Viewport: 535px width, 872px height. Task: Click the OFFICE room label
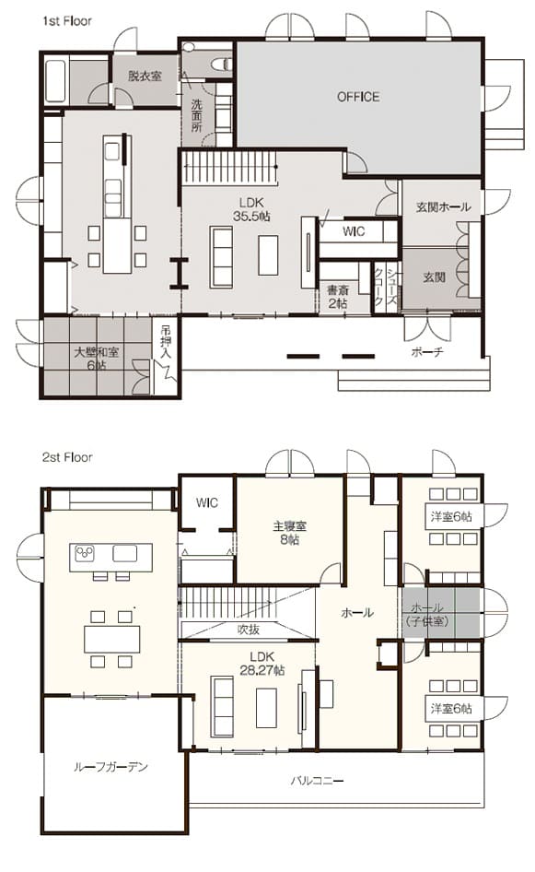[x=358, y=97]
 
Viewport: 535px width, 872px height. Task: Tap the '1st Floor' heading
[x=67, y=21]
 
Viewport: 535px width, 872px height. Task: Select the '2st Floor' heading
[x=67, y=457]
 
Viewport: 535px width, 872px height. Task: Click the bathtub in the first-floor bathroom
[x=55, y=81]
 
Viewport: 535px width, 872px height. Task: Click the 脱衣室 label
[x=145, y=77]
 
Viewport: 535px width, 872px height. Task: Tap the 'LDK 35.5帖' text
[x=251, y=209]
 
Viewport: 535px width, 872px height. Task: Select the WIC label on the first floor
[x=354, y=231]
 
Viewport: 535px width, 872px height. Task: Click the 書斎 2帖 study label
[x=337, y=297]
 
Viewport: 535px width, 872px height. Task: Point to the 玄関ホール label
[x=443, y=206]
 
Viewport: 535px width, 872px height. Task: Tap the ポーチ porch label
[x=427, y=352]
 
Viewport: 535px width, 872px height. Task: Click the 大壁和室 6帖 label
[x=96, y=359]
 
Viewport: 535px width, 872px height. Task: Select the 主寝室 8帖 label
[x=289, y=532]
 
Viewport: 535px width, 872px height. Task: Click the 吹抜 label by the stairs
[x=249, y=630]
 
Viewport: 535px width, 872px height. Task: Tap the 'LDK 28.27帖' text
[x=262, y=663]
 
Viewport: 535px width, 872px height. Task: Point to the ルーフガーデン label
[x=111, y=768]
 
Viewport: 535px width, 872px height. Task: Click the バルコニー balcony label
[x=317, y=781]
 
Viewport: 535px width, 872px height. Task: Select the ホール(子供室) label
[x=428, y=615]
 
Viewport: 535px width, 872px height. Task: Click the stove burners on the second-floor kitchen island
[x=85, y=553]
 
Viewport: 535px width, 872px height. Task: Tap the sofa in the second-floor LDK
[x=221, y=706]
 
